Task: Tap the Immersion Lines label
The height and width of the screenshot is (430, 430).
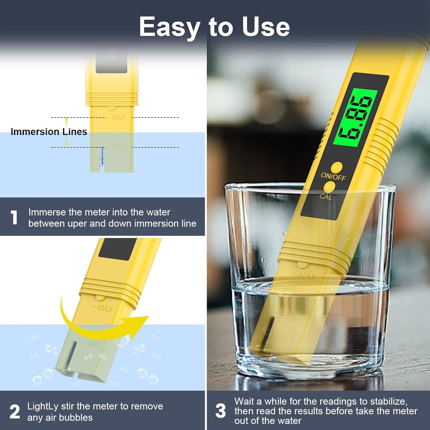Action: pos(49,132)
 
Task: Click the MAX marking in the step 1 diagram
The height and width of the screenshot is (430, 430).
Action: pos(118,117)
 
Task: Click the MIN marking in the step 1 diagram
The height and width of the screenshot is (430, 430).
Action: pos(119,147)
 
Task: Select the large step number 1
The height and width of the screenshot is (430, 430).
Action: pos(14,217)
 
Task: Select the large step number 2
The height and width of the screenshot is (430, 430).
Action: pos(15,412)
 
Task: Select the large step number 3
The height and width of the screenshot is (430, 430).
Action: pos(220,411)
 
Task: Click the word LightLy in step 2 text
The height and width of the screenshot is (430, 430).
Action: pos(43,406)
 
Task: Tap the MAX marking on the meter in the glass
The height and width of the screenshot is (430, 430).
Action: pos(307,277)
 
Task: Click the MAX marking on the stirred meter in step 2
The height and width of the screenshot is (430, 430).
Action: pos(105,308)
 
